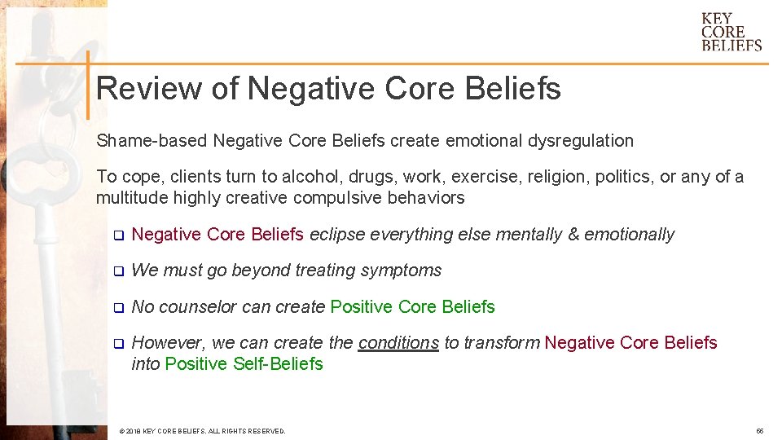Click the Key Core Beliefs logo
731,32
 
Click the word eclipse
336,235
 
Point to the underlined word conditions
398,343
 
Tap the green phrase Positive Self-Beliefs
244,364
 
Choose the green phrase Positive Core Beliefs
412,307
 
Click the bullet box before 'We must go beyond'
116,271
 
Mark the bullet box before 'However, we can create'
116,344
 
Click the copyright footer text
202,430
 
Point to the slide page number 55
759,430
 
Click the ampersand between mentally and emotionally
573,235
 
